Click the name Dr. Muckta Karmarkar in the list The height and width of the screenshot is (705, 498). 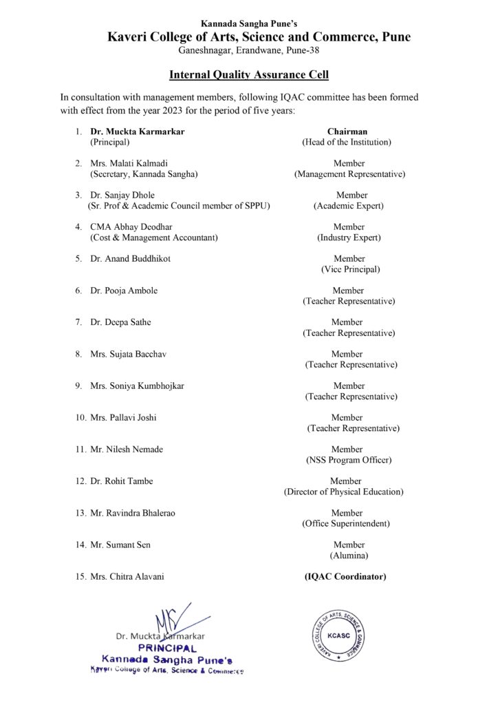pyautogui.click(x=138, y=131)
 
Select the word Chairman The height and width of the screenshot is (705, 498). pyautogui.click(x=347, y=131)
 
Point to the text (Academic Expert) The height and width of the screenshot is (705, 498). pyautogui.click(x=348, y=206)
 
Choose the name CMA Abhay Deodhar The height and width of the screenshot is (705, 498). pyautogui.click(x=132, y=227)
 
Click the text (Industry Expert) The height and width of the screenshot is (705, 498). pyautogui.click(x=349, y=238)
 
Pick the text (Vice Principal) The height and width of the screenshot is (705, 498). pyautogui.click(x=350, y=269)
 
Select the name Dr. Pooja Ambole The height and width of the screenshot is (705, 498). pyautogui.click(x=124, y=291)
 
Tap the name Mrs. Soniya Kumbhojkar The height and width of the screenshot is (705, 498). pyautogui.click(x=137, y=386)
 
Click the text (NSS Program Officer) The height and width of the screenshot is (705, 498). pyautogui.click(x=348, y=460)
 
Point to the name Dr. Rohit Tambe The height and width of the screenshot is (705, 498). pyautogui.click(x=122, y=481)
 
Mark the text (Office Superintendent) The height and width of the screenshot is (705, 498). pyautogui.click(x=346, y=524)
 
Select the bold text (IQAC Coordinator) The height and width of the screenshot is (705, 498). pyautogui.click(x=345, y=577)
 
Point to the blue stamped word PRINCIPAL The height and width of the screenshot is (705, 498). pyautogui.click(x=167, y=649)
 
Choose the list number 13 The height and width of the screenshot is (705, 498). pyautogui.click(x=80, y=514)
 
